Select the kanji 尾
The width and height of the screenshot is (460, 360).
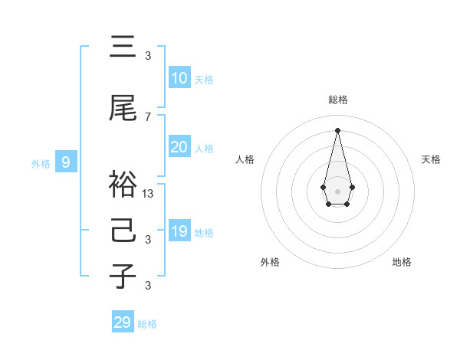point(123,110)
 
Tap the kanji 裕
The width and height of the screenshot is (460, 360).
point(123,184)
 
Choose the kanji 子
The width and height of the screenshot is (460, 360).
point(123,275)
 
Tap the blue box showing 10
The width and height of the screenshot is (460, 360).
point(179,78)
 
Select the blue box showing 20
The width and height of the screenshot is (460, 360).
point(179,147)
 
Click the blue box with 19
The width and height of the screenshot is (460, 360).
point(179,231)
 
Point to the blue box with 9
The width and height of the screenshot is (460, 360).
point(66,162)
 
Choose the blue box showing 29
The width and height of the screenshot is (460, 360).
point(123,322)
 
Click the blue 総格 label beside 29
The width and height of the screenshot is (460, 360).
point(147,324)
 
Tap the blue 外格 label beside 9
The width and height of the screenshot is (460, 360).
point(40,163)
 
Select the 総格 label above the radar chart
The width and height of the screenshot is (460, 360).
point(337,100)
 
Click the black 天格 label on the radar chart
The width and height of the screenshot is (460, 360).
point(432,159)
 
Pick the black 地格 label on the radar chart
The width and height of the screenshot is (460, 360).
point(402,262)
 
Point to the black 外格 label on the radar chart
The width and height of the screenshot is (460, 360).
point(270,262)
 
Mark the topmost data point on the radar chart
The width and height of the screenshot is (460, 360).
point(337,129)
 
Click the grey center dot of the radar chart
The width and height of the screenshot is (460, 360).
point(337,190)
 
